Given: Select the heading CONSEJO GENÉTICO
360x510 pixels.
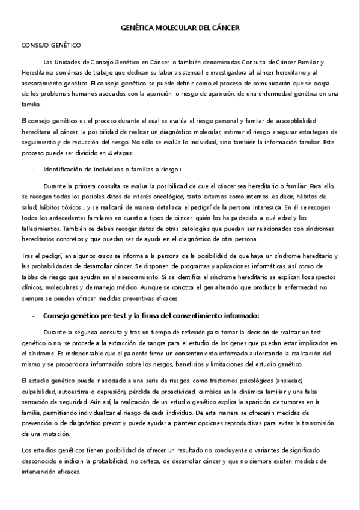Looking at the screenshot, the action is click(x=51, y=45).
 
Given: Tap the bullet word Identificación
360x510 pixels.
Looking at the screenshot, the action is click(x=66, y=169).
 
